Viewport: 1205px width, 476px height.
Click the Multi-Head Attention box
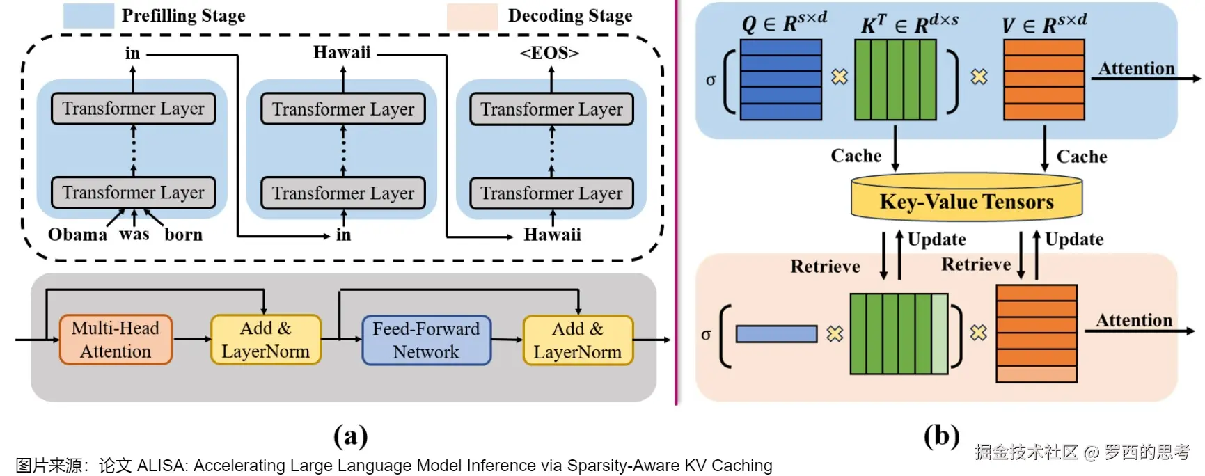point(116,340)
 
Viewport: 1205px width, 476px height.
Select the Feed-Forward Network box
point(426,340)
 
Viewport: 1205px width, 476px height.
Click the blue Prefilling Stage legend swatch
point(88,15)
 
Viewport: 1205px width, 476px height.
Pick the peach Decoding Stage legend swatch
point(472,16)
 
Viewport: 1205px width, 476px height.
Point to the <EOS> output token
point(549,53)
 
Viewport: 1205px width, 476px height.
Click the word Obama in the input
point(77,235)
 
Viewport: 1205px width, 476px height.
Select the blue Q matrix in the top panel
point(780,79)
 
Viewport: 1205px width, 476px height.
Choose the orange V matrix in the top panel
point(1043,79)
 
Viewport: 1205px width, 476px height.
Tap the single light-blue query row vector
point(776,334)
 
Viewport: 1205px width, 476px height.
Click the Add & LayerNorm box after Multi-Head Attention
point(265,340)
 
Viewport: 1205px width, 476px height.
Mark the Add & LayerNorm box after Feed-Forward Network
point(577,340)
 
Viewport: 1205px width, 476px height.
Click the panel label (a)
point(350,436)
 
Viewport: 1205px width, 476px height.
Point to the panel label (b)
point(941,436)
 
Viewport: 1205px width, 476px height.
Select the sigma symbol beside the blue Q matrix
point(710,79)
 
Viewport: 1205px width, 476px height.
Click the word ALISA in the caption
point(161,466)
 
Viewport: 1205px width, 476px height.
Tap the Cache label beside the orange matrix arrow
point(1081,157)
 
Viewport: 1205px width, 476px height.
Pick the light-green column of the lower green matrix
point(939,334)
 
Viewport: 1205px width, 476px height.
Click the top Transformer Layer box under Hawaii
point(342,109)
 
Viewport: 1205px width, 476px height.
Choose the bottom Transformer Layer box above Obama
point(133,193)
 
